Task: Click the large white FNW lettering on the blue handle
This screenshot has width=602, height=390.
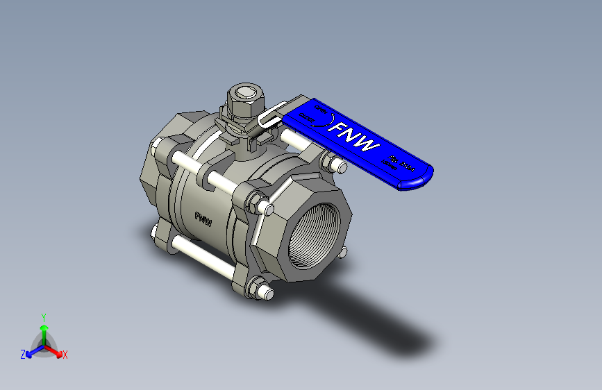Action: click(355, 138)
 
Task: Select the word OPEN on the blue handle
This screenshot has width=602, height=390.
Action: click(320, 110)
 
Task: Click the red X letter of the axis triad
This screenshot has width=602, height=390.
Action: click(65, 355)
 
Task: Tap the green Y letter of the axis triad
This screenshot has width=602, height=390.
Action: click(43, 316)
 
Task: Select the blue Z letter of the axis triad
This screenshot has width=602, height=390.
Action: click(23, 355)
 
